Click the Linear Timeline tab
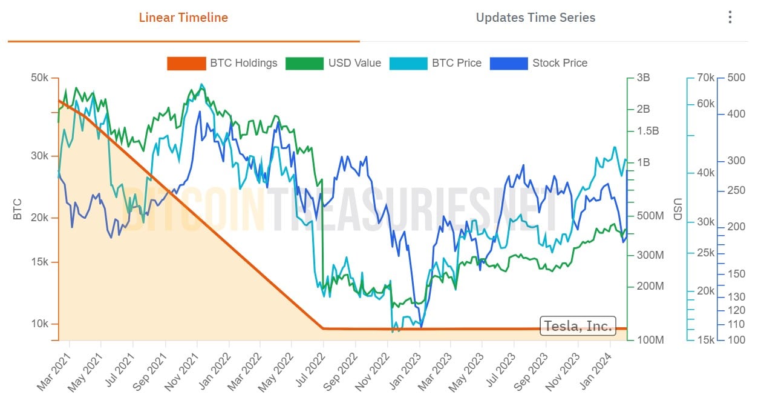pos(183,18)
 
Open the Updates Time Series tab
pos(535,18)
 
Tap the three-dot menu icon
pos(730,18)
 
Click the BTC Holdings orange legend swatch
pos(186,63)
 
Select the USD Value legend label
pos(354,63)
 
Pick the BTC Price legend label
pos(456,63)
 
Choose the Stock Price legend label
pos(560,63)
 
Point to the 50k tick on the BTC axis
pos(40,78)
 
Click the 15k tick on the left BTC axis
pos(40,262)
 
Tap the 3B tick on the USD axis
pos(643,78)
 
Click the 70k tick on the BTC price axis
pos(705,78)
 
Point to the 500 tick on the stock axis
pos(736,78)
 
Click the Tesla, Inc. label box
pos(578,326)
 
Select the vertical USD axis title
pos(678,209)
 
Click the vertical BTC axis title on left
pos(17,209)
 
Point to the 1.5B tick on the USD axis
pos(647,131)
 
